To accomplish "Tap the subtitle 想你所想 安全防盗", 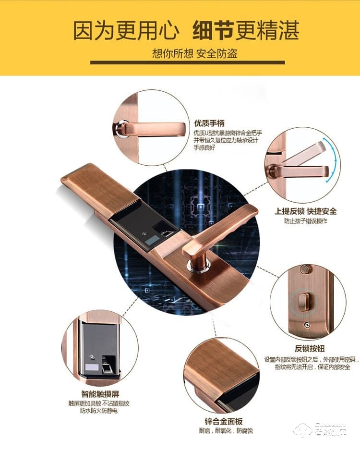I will (x=194, y=53).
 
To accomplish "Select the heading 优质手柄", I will (x=209, y=123).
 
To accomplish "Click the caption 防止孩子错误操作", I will (x=305, y=221).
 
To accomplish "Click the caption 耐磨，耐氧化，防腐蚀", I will (x=224, y=431).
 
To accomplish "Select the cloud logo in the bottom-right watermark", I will (x=303, y=430).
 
